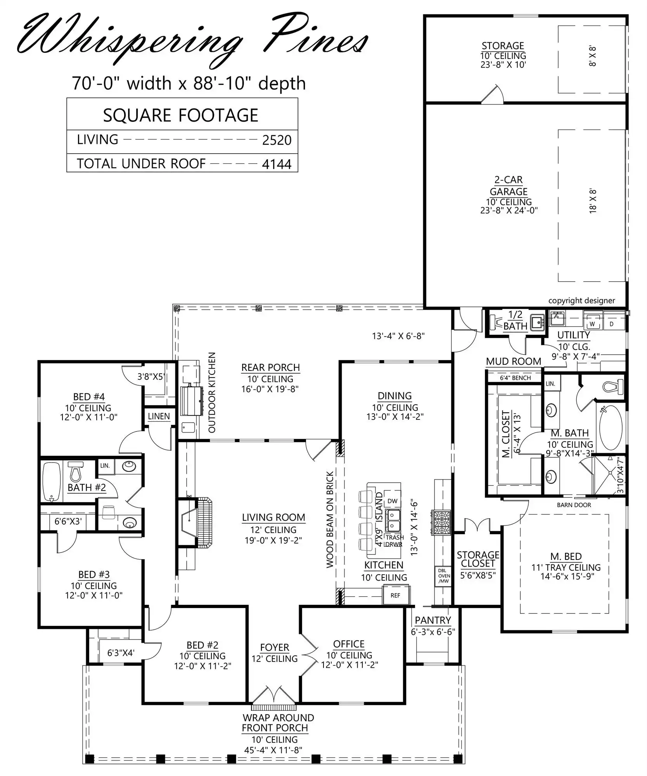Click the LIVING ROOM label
273,517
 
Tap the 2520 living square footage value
277,140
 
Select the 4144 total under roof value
277,164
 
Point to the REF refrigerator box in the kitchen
395,595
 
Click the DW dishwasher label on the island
393,501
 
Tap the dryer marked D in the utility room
612,324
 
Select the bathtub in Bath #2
51,482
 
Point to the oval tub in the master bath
611,427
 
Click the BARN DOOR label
574,505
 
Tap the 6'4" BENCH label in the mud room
515,378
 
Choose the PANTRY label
433,620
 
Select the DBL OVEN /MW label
443,576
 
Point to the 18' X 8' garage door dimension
593,201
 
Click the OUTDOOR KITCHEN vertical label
212,392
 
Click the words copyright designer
581,300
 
